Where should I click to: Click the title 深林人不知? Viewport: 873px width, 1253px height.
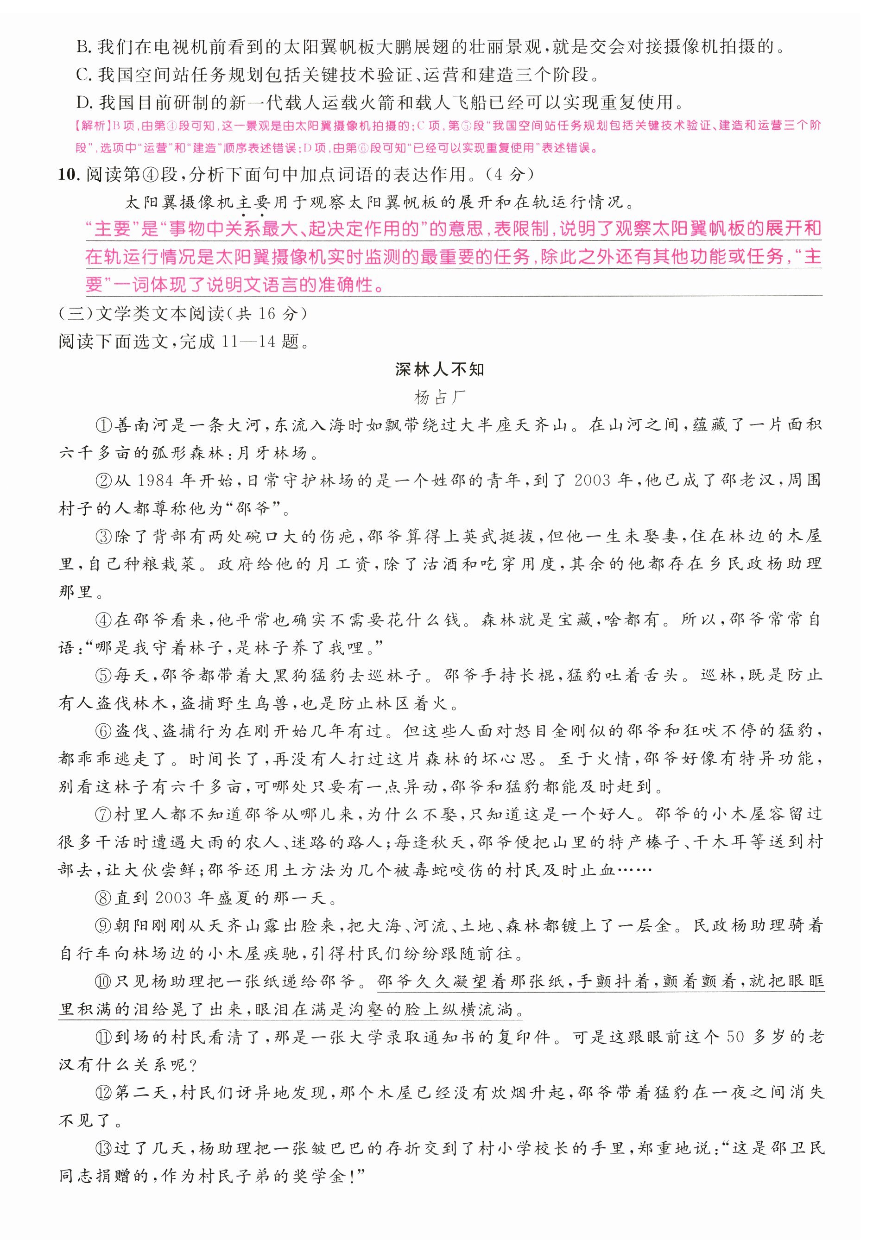click(439, 369)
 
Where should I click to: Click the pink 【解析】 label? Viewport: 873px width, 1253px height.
click(91, 126)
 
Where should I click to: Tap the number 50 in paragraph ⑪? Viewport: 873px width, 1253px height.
click(735, 1037)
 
